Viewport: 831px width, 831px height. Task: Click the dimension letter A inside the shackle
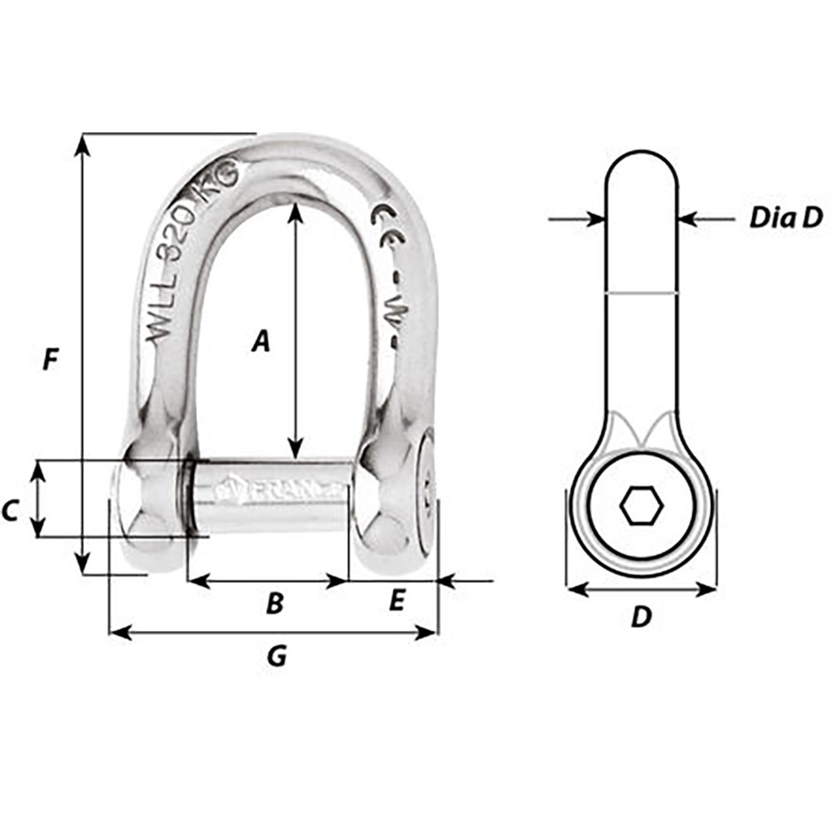260,341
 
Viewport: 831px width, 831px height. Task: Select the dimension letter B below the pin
275,603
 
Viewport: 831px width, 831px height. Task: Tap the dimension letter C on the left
10,512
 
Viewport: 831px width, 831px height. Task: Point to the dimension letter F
50,359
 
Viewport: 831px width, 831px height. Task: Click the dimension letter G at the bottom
277,657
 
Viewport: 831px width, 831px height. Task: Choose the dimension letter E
396,601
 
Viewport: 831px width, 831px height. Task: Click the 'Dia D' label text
786,218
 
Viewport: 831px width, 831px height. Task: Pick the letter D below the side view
641,617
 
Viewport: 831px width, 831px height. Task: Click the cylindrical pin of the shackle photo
269,496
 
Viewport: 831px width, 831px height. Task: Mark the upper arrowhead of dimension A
295,211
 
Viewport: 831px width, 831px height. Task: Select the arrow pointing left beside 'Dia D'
688,219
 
